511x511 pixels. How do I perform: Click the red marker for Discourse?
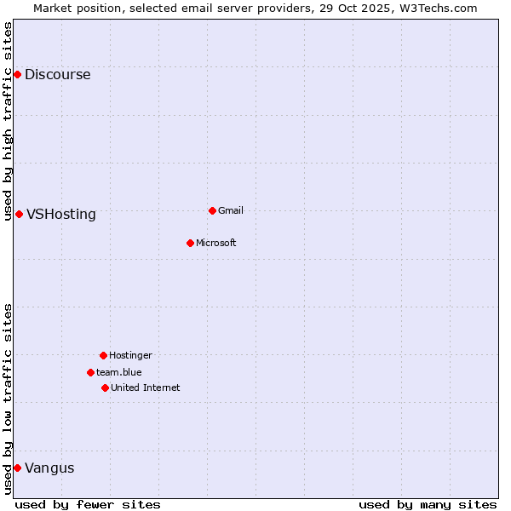pos(17,75)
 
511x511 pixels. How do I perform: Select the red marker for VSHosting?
pos(19,214)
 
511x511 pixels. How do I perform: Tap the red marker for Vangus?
pos(17,468)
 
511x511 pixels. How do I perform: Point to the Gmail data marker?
pos(212,210)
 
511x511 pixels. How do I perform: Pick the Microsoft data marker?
pos(190,243)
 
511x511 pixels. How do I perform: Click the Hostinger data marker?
pos(103,355)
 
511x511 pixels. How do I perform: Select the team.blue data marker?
pos(90,372)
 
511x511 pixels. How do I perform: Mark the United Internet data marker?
pos(105,388)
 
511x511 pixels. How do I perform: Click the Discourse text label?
pos(57,75)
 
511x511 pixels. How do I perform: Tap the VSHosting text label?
pos(61,215)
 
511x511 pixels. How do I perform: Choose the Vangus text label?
pos(49,468)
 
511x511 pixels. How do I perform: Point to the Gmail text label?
pos(231,210)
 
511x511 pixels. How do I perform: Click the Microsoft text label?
pos(216,243)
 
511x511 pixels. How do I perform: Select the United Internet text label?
pos(146,388)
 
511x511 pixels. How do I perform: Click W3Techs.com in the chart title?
pos(437,8)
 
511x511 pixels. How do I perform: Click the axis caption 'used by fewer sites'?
pos(88,504)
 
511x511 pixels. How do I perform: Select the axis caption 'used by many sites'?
pos(428,504)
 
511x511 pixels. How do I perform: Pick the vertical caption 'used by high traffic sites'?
pos(8,121)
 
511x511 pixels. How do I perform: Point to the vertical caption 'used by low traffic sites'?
pos(8,399)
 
